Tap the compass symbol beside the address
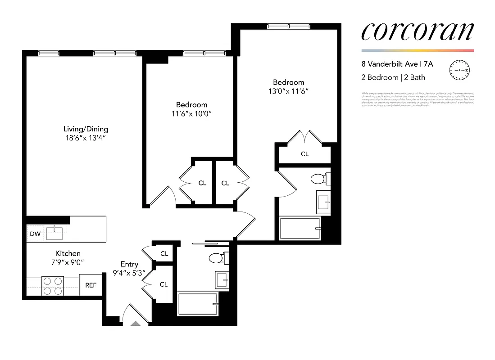[459, 71]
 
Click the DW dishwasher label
[35, 234]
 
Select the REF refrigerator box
[91, 285]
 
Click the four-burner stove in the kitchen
[52, 285]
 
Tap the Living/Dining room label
[86, 129]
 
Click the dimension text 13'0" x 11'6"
[288, 91]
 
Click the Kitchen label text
[68, 254]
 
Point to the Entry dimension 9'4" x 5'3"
[129, 273]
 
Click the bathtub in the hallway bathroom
[198, 304]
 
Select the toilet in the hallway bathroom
[218, 258]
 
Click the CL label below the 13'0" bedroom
[305, 154]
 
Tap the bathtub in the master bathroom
[300, 228]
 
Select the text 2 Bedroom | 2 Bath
[393, 77]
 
